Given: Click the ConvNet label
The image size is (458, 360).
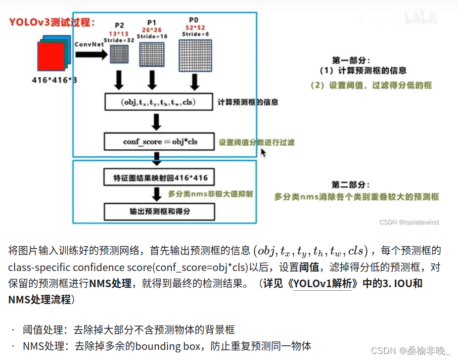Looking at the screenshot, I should pos(89,44).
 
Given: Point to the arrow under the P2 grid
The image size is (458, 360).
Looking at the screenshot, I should pos(119,79).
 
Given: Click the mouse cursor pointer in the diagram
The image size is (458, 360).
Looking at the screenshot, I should pos(263,152).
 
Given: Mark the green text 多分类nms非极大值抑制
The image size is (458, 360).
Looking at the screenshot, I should pos(210,194).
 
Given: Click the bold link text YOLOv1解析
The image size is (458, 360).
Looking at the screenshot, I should pos(320,283).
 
